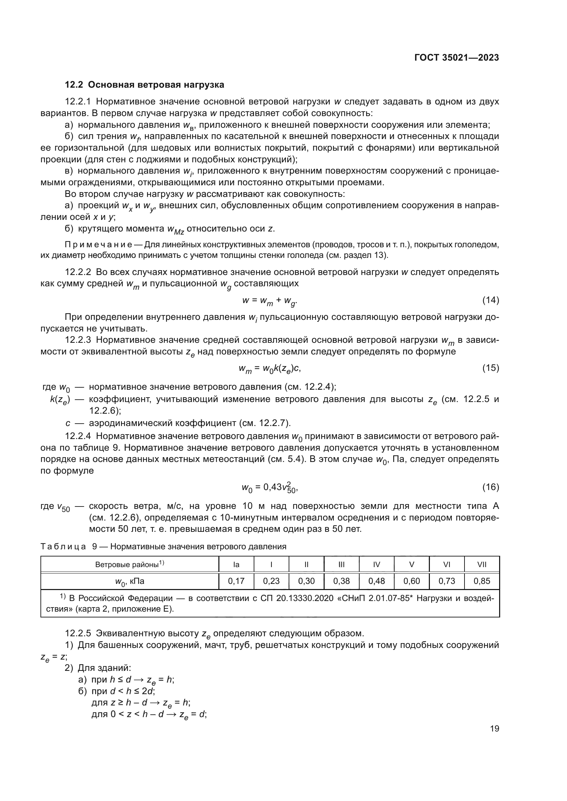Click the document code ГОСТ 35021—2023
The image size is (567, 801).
456,58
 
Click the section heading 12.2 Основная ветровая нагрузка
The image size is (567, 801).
145,85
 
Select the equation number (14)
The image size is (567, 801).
490,300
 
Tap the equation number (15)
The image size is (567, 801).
490,368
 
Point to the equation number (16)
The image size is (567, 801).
490,487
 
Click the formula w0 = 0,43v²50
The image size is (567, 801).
269,488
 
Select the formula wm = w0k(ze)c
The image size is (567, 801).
269,368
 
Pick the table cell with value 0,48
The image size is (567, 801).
376,581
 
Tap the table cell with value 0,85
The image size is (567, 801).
481,581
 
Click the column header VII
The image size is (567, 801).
481,564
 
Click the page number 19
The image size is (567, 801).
494,728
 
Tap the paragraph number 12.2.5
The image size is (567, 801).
78,633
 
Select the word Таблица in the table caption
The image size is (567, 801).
63,547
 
